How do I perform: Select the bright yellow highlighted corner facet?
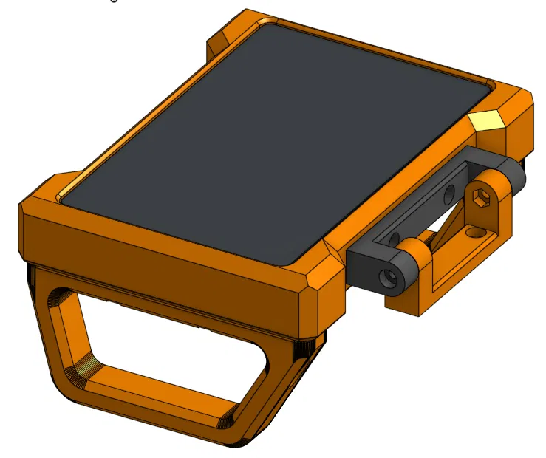[x=488, y=120]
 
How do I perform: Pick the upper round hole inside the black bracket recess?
[x=448, y=196]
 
